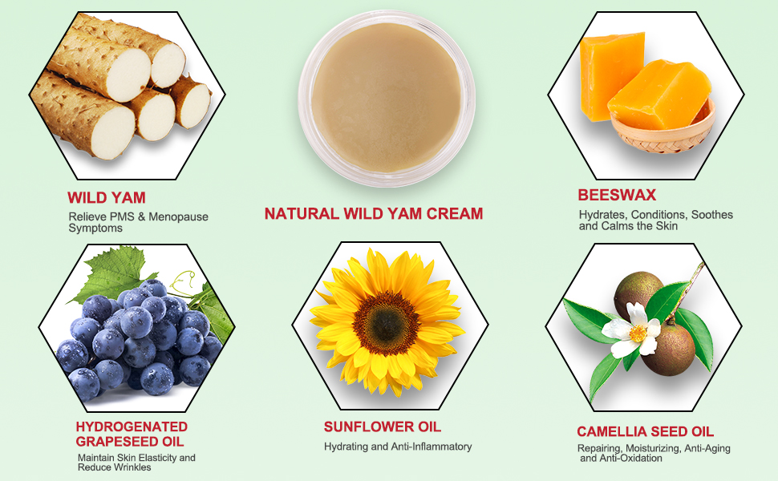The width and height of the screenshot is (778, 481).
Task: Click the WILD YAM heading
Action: (107, 197)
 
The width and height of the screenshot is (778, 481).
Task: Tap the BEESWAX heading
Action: (617, 195)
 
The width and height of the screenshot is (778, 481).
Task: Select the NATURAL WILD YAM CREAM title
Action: (374, 213)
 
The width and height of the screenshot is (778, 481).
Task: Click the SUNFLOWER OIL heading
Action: (383, 427)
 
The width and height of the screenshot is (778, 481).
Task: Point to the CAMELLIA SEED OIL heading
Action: (645, 431)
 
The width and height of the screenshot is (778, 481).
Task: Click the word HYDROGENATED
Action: (132, 426)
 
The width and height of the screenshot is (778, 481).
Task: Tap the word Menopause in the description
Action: (179, 216)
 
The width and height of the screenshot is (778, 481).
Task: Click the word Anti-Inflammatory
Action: (432, 447)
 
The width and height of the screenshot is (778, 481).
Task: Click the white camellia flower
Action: (632, 329)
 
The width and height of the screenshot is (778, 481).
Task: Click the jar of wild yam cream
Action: (387, 99)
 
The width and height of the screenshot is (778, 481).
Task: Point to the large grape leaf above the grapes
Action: (113, 273)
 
